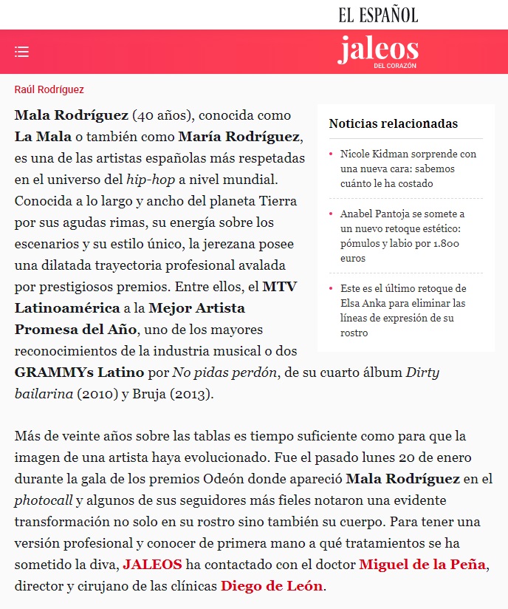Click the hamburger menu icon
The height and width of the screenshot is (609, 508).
click(x=21, y=52)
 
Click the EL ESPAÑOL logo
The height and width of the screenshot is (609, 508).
click(x=378, y=14)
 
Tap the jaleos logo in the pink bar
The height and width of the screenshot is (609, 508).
click(x=378, y=50)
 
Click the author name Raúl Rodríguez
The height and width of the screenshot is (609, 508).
click(x=49, y=89)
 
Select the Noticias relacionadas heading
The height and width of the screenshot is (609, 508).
click(x=393, y=123)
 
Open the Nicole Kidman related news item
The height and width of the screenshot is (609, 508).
click(x=408, y=169)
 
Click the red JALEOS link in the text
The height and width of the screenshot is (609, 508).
click(x=152, y=565)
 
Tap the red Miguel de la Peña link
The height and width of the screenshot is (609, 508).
click(x=422, y=565)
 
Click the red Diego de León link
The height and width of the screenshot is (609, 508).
click(x=272, y=586)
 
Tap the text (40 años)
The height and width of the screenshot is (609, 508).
click(x=162, y=115)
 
